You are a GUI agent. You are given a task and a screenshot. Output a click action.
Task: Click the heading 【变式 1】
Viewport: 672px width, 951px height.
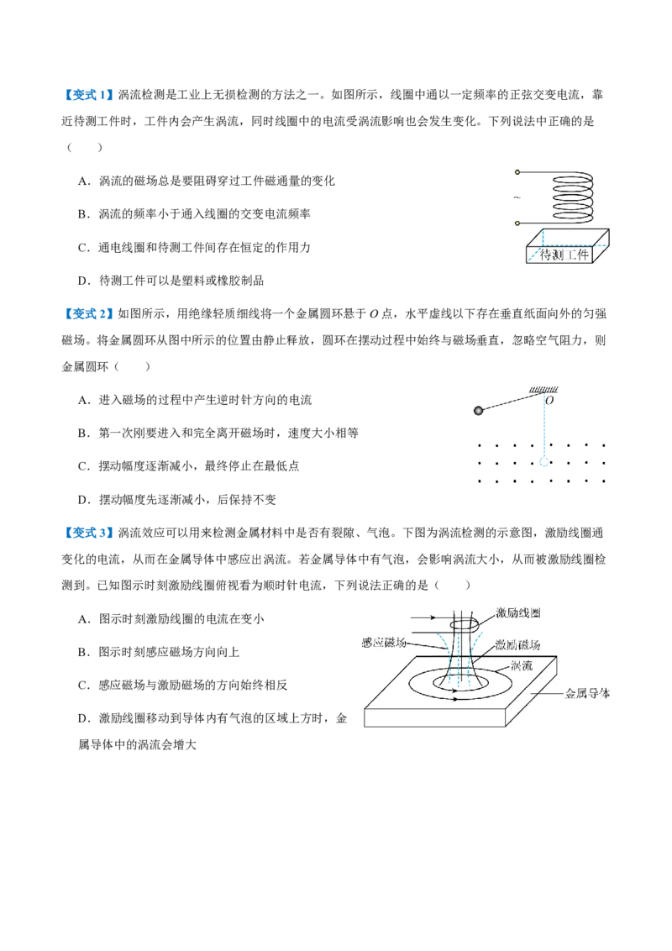click(x=87, y=95)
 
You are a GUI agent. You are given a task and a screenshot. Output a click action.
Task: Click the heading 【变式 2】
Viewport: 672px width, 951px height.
click(x=87, y=313)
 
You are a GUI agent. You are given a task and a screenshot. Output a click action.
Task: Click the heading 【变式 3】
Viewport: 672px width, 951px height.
click(x=87, y=533)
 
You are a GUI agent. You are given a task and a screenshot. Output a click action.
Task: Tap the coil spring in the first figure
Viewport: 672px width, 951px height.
click(x=572, y=197)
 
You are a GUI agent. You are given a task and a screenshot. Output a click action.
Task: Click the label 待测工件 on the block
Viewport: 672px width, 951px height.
click(x=564, y=255)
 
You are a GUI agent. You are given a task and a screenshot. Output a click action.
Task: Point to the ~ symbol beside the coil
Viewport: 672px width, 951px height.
click(x=517, y=197)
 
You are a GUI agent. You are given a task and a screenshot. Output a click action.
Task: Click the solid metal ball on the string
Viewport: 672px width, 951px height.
click(x=478, y=411)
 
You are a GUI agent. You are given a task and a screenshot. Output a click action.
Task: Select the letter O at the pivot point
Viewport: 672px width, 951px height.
click(x=549, y=400)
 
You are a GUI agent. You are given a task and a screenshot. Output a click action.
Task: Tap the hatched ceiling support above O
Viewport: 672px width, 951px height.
click(x=543, y=390)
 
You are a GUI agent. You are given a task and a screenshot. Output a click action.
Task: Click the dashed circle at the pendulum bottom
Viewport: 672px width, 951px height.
click(x=544, y=462)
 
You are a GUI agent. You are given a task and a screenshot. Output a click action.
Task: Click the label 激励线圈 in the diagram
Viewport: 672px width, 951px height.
click(x=518, y=612)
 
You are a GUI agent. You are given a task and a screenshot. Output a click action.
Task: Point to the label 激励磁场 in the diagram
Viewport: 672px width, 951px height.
click(x=517, y=644)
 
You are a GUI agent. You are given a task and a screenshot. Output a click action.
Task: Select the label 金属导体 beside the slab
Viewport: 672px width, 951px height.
click(x=587, y=693)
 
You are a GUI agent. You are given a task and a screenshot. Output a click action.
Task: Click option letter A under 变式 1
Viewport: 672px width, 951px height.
click(x=82, y=181)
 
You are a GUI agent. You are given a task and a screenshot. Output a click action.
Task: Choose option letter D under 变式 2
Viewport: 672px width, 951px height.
click(x=82, y=500)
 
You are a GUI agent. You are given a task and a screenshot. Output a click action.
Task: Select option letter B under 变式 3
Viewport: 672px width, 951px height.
click(x=82, y=652)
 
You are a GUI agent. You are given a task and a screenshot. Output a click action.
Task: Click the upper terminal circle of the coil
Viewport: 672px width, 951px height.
click(x=517, y=172)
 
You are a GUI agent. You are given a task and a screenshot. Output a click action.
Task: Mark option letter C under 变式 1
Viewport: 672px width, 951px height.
click(x=82, y=248)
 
